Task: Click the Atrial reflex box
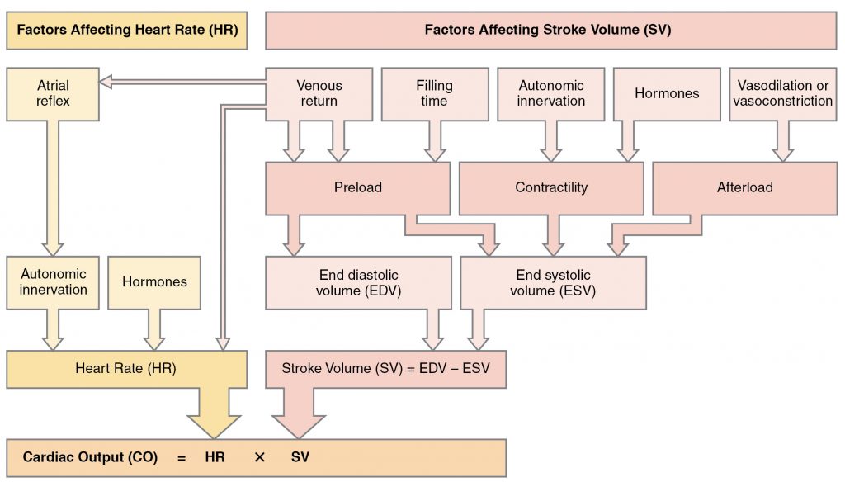click(53, 93)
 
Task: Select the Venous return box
click(319, 93)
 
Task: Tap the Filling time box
click(434, 93)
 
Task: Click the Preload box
click(357, 187)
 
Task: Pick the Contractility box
click(550, 187)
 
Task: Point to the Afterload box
click(744, 187)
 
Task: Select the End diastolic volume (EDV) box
click(358, 282)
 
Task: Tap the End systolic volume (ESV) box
click(552, 282)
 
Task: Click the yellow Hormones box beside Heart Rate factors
click(154, 282)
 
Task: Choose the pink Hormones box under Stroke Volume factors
click(667, 93)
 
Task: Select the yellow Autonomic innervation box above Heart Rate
click(54, 282)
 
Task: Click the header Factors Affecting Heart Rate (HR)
click(127, 30)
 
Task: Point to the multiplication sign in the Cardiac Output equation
click(259, 456)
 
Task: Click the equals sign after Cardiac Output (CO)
click(181, 456)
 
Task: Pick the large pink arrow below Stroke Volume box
click(297, 413)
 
